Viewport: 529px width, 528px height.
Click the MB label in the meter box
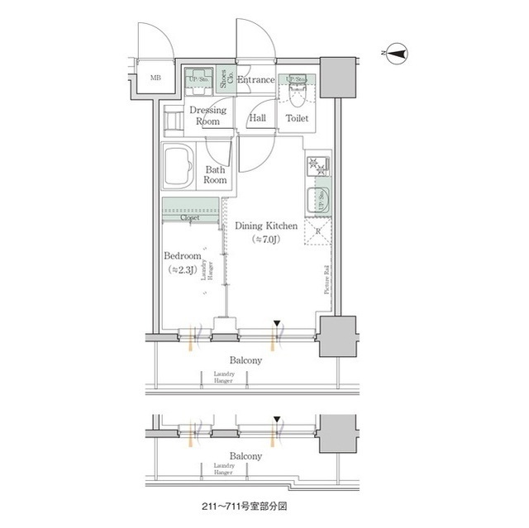point(155,79)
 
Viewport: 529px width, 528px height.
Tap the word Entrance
point(256,80)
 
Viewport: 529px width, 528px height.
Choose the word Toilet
point(297,119)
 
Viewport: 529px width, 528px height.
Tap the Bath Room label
point(216,174)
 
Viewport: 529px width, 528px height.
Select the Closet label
point(190,217)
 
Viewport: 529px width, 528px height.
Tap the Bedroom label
point(182,256)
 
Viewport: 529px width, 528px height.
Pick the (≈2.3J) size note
point(182,270)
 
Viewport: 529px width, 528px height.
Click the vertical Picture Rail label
point(327,278)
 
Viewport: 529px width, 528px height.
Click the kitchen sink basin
point(317,198)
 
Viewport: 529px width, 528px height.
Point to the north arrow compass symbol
point(398,55)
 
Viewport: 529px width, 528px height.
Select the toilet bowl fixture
point(298,94)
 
